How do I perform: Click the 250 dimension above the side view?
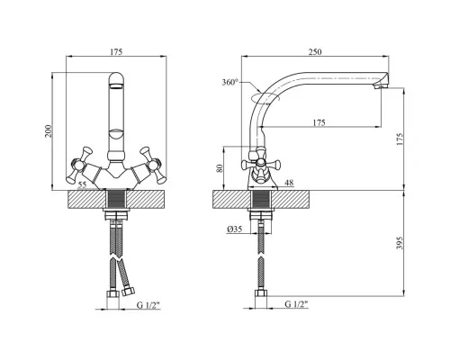[x=315, y=51]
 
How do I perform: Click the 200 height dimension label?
[x=48, y=131]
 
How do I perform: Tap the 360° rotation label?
[x=230, y=82]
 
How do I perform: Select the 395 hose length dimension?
[x=400, y=243]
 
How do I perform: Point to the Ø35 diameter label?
[x=234, y=229]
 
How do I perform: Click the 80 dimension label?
[x=220, y=168]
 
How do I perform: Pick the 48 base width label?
[x=289, y=183]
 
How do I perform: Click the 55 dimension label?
[x=82, y=184]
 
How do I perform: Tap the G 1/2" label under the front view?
[x=148, y=305]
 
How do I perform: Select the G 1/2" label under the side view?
[x=296, y=304]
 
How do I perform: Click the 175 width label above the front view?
[x=116, y=51]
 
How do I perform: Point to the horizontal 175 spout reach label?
[x=319, y=122]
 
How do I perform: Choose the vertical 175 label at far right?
[x=400, y=139]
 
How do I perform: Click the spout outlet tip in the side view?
[x=381, y=87]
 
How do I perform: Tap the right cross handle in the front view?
[x=153, y=165]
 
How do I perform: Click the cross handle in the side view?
[x=261, y=165]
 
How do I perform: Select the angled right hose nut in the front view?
[x=128, y=292]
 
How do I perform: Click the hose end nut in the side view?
[x=261, y=293]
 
